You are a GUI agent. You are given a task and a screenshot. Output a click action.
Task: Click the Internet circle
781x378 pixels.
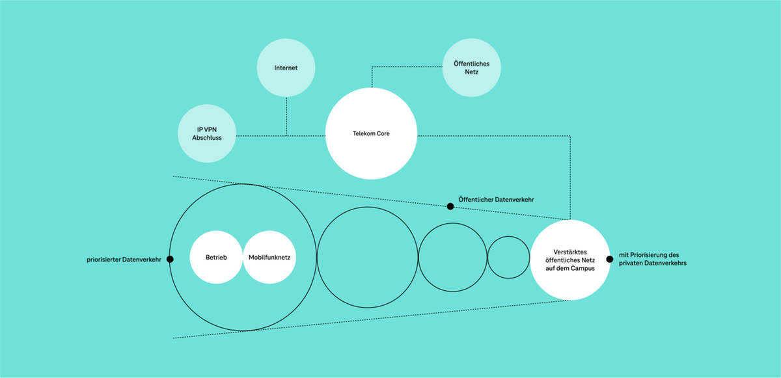pyautogui.click(x=286, y=68)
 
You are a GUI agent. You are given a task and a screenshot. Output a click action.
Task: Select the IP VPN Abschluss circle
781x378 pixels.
pyautogui.click(x=208, y=133)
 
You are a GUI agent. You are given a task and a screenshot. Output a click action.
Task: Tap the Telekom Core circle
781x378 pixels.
pyautogui.click(x=371, y=134)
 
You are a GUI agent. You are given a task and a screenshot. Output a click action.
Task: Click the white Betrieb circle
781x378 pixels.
pyautogui.click(x=215, y=258)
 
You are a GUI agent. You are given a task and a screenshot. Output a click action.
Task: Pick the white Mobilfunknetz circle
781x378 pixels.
pyautogui.click(x=269, y=258)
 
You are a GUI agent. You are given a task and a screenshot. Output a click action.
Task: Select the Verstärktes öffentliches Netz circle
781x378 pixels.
pyautogui.click(x=571, y=260)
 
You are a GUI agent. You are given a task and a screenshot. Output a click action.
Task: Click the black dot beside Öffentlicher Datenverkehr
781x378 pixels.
pyautogui.click(x=450, y=206)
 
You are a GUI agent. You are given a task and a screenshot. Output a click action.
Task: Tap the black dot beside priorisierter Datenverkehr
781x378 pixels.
pyautogui.click(x=171, y=259)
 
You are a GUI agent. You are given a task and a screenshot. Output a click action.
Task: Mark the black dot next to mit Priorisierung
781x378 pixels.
pyautogui.click(x=610, y=259)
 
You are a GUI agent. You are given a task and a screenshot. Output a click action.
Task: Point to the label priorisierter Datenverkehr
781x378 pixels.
pyautogui.click(x=124, y=260)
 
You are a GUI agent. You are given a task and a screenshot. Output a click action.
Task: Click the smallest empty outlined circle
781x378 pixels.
pyautogui.click(x=508, y=258)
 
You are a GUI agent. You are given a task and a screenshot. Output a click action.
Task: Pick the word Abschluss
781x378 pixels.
pyautogui.click(x=208, y=138)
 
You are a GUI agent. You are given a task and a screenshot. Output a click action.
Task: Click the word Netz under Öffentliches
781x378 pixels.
pyautogui.click(x=471, y=72)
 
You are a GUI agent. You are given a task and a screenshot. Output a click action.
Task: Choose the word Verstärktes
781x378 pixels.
pyautogui.click(x=571, y=251)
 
